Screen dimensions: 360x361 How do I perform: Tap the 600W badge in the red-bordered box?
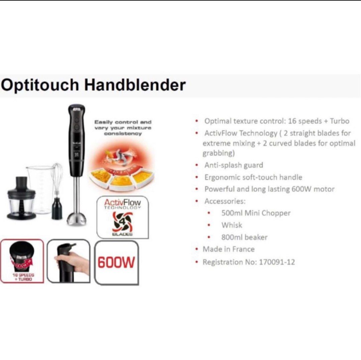116,262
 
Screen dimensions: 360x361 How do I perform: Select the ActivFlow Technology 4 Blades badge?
122,217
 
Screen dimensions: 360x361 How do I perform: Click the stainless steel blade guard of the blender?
77,217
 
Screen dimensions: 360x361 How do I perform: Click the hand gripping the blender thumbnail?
69,261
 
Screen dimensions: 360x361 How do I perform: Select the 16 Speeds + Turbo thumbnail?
22,261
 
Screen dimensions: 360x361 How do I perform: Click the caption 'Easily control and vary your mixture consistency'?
123,128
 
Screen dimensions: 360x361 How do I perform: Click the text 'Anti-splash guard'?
234,165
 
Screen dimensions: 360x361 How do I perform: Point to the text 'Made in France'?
228,249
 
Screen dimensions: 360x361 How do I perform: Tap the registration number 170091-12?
277,262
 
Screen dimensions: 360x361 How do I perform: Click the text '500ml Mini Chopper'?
256,213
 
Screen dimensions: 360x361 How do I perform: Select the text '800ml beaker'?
244,237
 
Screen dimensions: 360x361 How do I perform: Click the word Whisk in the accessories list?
232,225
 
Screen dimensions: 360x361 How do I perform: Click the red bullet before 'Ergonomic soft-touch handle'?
197,177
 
